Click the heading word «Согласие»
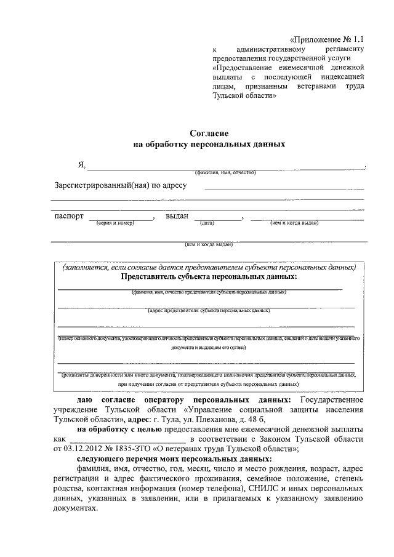coord(209,133)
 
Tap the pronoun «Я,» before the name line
coord(81,164)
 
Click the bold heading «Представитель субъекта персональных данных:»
coord(209,276)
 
